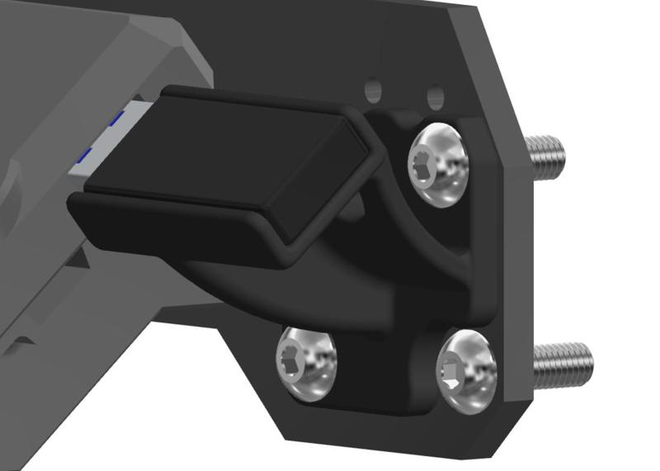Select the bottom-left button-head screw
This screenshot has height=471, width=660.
pyautogui.click(x=307, y=364)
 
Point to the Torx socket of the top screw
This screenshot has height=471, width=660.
pyautogui.click(x=427, y=162)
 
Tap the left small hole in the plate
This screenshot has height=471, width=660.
pyautogui.click(x=373, y=87)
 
